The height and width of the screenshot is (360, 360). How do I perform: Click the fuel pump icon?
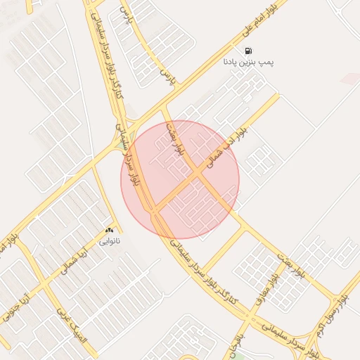click(x=248, y=51)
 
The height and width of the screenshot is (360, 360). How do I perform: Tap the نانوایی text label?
click(x=109, y=241)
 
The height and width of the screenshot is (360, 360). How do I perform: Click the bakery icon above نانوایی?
click(x=109, y=230)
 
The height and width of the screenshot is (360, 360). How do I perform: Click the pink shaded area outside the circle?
click(x=349, y=77)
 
